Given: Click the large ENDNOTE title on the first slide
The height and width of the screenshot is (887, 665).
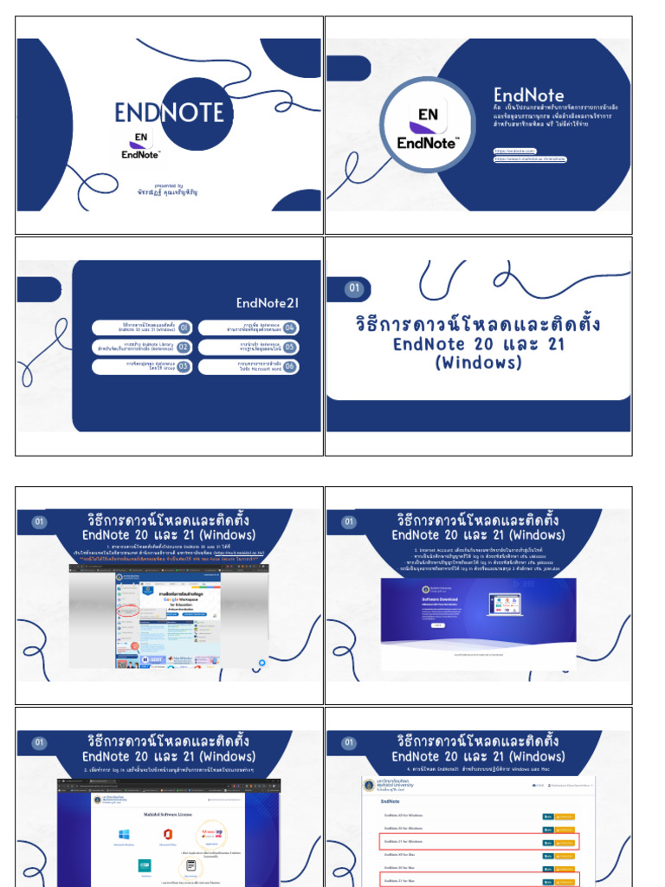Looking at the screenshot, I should tap(170, 113).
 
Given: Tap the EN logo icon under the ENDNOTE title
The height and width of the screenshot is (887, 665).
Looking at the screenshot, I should tap(142, 137).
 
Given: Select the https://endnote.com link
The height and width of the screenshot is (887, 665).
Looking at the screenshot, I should tap(514, 152).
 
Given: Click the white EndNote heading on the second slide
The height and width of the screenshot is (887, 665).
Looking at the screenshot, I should tap(528, 95).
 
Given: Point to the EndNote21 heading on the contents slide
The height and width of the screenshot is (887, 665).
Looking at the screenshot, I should tap(267, 302).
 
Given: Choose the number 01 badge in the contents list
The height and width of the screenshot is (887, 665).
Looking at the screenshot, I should tap(184, 327).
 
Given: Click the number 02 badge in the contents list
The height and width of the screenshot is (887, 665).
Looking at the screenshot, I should tap(184, 346).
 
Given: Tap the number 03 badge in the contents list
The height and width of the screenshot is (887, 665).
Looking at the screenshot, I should tap(184, 366).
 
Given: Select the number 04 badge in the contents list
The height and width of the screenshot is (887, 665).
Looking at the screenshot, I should tap(290, 327).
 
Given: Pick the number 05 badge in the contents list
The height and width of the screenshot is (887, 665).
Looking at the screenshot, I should tap(290, 346).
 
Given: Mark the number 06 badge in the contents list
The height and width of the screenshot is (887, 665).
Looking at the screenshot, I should tap(290, 366).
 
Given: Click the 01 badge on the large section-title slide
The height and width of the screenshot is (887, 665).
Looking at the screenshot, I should tap(353, 288).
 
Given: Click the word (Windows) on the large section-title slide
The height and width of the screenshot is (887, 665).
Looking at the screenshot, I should tap(478, 363).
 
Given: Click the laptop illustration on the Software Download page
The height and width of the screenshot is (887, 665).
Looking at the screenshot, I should tap(507, 604).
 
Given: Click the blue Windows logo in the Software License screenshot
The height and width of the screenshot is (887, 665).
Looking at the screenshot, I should tap(124, 833).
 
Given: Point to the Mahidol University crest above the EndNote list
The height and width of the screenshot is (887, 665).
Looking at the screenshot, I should tap(370, 785).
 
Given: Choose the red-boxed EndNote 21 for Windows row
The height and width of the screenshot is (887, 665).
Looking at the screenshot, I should tap(479, 841).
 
